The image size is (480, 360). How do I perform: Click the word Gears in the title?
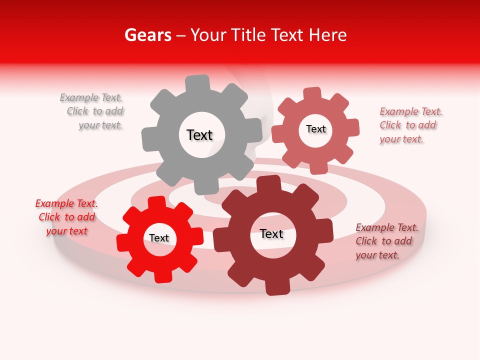tap(147, 35)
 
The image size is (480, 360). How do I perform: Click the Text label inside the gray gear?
tap(199, 135)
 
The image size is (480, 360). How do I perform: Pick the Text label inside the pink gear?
tap(315, 129)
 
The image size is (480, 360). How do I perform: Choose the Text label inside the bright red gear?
tap(158, 238)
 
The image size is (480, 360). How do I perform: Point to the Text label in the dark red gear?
tap(271, 234)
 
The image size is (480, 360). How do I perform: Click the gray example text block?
tap(92, 111)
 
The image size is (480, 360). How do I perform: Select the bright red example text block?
tap(66, 217)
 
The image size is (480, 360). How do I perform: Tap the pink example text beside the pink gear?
tap(410, 125)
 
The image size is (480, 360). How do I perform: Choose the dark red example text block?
tap(386, 241)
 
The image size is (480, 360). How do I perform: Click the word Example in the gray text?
tap(79, 97)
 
